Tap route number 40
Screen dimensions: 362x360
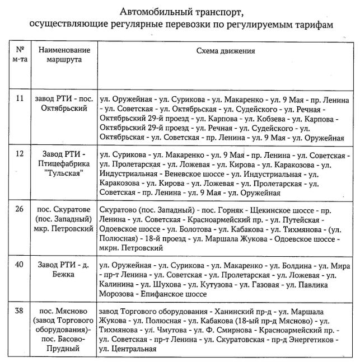click(x=20, y=263)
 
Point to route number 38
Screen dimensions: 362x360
click(x=20, y=311)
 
